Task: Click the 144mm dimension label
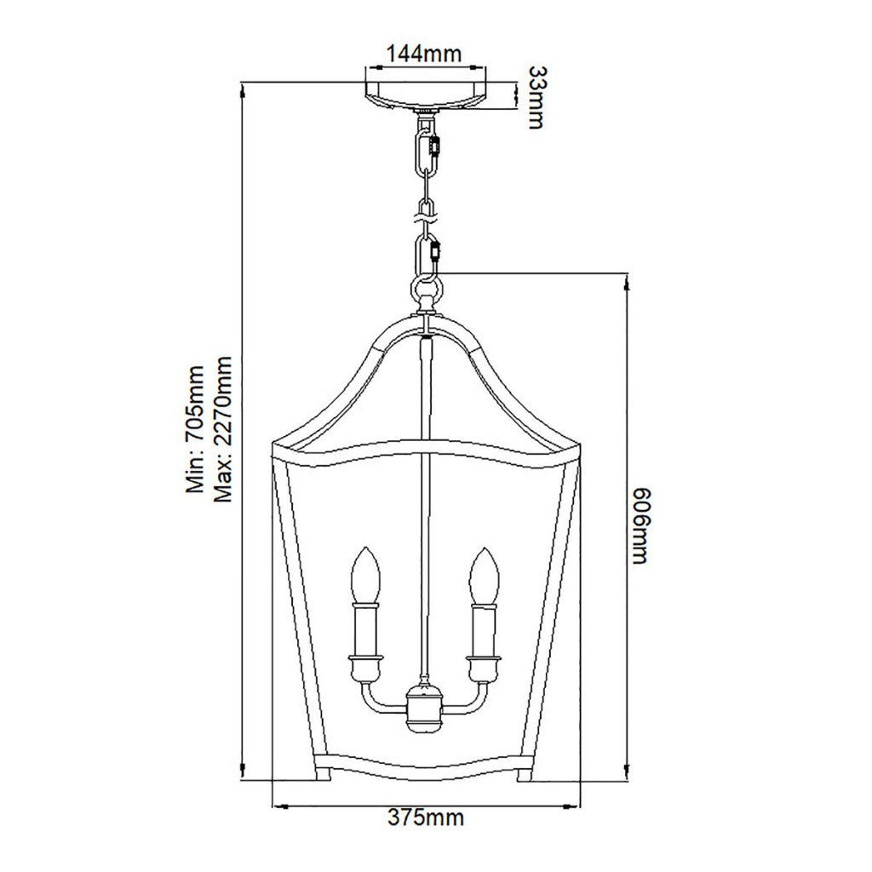point(424,54)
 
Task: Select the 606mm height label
point(640,525)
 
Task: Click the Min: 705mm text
point(195,429)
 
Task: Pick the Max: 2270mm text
point(222,429)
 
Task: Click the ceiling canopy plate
point(425,95)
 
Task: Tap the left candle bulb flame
point(366,575)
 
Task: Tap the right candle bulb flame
point(485,575)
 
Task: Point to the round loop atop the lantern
point(426,289)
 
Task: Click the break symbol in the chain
point(425,217)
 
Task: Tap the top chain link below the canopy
point(426,149)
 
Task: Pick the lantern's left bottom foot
point(323,774)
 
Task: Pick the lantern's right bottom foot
point(526,774)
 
